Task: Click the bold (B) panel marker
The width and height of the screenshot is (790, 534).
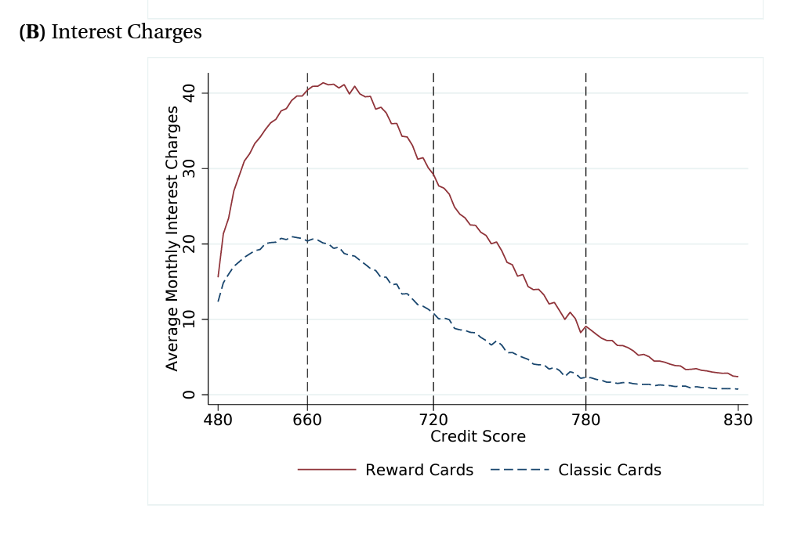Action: point(32,32)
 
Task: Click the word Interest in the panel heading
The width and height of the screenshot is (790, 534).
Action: point(87,32)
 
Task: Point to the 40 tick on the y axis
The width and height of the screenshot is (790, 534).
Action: point(188,93)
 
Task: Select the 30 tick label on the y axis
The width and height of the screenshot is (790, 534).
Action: point(188,168)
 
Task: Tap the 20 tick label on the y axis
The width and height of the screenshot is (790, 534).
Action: point(188,244)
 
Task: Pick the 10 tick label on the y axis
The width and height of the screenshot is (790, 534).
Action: point(188,319)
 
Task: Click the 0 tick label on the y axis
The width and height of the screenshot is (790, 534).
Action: point(188,395)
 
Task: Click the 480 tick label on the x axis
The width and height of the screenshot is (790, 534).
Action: point(218,420)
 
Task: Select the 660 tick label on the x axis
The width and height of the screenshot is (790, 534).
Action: point(307,420)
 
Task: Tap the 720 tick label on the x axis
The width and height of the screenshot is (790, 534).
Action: point(433,420)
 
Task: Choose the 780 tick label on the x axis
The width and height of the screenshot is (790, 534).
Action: point(585,420)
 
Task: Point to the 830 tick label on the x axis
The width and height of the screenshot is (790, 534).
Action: point(737,420)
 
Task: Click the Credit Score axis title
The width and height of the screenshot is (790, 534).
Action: point(477,437)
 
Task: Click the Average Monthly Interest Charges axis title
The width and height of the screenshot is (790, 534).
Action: point(172,238)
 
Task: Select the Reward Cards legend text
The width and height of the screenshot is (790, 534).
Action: point(419,471)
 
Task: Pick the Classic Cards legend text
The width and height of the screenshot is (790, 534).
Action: point(610,471)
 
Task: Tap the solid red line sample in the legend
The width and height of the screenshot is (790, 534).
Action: point(327,471)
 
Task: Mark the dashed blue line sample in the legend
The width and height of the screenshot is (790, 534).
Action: point(519,471)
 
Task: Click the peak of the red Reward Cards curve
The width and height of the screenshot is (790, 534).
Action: point(323,83)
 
